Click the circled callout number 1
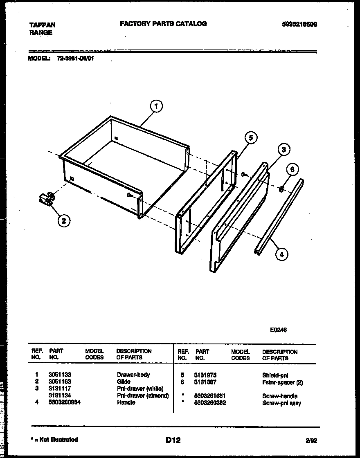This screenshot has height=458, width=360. point(156,107)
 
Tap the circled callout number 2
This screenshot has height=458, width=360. point(63,221)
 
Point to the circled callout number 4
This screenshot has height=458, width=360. point(281,254)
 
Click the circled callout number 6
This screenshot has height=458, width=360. point(292,170)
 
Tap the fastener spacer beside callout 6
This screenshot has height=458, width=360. point(281,189)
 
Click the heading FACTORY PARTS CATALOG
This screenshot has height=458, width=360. point(163,24)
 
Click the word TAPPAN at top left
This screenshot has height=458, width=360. point(43,25)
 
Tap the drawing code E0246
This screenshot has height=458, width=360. point(278,330)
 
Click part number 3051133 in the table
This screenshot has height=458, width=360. point(60,375)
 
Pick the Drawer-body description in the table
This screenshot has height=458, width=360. point(133,375)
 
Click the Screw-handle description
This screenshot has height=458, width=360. point(280,396)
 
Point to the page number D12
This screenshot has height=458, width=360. point(173,440)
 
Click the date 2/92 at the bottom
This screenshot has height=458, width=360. point(311,441)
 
